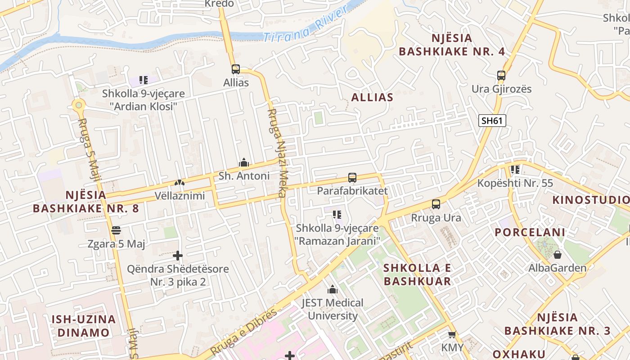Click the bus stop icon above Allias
[235, 69]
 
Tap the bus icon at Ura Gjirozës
[501, 76]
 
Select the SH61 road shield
[493, 120]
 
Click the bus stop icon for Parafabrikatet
[352, 178]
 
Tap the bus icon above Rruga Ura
[436, 204]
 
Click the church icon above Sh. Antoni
[244, 162]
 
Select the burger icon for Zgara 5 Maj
[116, 230]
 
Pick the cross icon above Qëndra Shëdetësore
[178, 256]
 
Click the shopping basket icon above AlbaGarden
[557, 255]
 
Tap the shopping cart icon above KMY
[452, 334]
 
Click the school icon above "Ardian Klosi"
[143, 80]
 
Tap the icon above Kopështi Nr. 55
[515, 170]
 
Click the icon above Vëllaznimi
[179, 183]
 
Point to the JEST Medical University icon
[333, 289]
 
